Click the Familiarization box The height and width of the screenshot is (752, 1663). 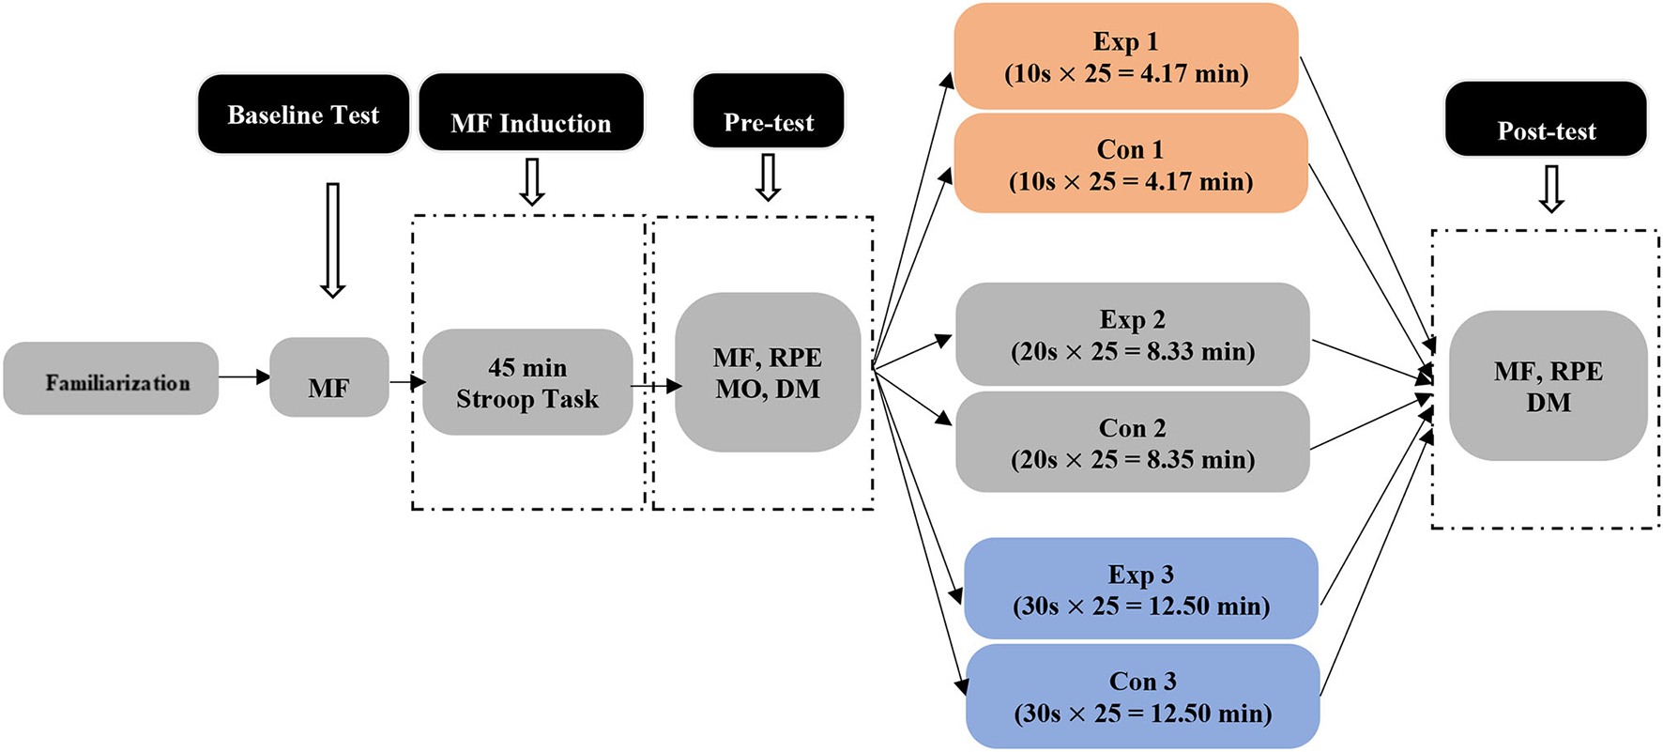point(111,379)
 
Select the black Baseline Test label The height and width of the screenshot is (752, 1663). point(303,115)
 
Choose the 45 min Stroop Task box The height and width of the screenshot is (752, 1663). point(527,382)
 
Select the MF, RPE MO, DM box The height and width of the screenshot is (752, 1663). point(768,373)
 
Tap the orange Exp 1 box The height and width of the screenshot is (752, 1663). point(1126,56)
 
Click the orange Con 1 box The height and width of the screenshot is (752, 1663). point(1131,164)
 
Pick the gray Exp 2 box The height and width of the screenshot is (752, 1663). point(1133,334)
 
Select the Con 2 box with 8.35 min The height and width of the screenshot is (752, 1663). point(1133,443)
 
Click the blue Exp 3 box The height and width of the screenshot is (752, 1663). point(1141,590)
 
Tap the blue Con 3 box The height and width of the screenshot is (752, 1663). point(1143,697)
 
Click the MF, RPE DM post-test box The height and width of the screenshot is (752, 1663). point(1549,386)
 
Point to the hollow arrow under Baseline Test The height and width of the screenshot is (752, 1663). point(332,240)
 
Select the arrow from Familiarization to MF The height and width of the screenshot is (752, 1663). point(244,377)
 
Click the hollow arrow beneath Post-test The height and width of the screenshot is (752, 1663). point(1551,189)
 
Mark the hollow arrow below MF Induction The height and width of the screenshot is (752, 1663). point(532,181)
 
